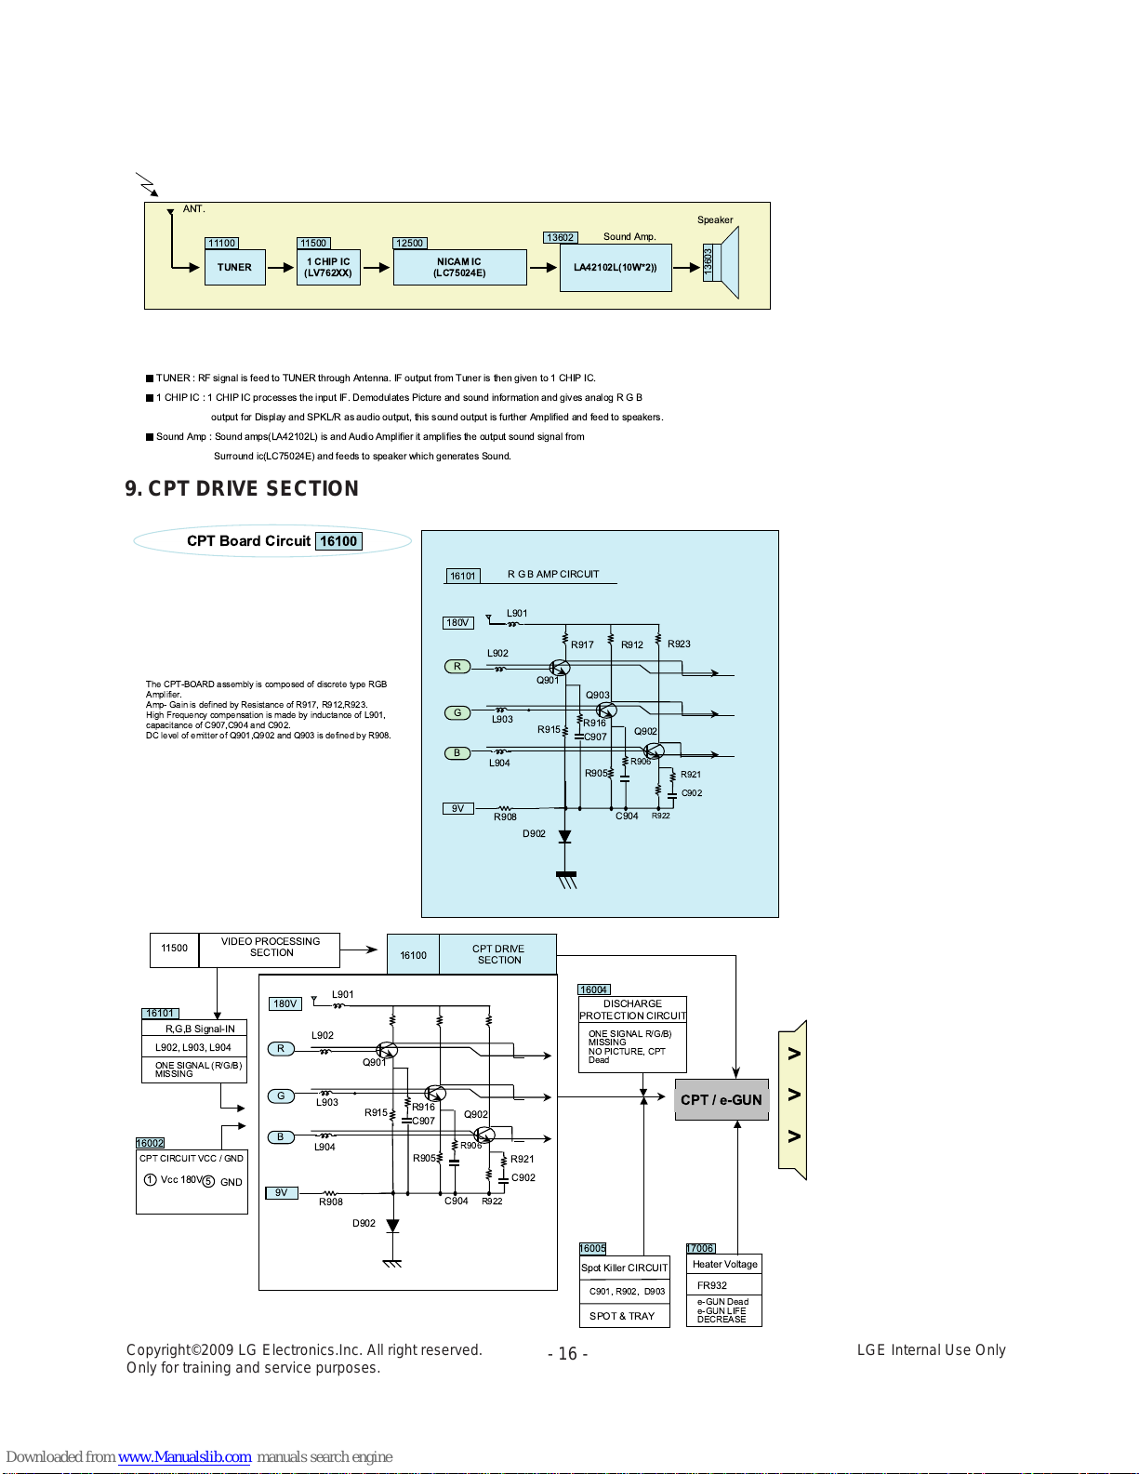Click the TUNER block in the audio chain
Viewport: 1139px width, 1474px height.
(234, 267)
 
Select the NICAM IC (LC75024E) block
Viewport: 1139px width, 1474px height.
(459, 267)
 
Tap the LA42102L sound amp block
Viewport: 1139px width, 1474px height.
(616, 267)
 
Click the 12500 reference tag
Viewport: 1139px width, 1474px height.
(409, 243)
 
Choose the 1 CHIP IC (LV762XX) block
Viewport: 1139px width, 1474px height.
(328, 267)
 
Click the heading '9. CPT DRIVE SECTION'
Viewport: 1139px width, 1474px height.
(242, 488)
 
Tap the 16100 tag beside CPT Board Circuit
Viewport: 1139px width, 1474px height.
(338, 540)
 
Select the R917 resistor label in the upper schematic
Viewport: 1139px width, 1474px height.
(582, 644)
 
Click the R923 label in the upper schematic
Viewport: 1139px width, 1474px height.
(679, 644)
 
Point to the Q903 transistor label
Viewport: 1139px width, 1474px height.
(597, 695)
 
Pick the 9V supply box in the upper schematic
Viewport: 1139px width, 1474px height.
(457, 808)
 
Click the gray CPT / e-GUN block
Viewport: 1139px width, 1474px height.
(722, 1099)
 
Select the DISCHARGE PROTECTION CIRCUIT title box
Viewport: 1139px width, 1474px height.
(632, 1009)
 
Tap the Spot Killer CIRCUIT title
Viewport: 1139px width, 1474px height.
(625, 1268)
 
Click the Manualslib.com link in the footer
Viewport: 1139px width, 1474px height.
(184, 1456)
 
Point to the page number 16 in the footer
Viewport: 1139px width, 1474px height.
(567, 1353)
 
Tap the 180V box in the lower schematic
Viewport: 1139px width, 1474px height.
(285, 1003)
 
